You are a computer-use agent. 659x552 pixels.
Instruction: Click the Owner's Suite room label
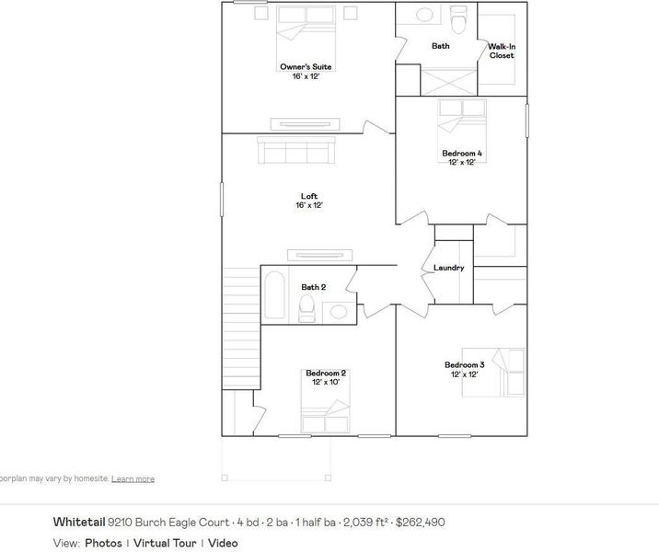[305, 67]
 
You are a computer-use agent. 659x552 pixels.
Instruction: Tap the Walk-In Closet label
[501, 51]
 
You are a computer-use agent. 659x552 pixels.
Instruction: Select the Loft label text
[309, 196]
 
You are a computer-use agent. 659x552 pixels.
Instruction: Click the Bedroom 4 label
[461, 153]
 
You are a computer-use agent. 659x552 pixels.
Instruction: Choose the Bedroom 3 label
[463, 363]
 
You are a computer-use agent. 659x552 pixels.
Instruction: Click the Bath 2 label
[314, 287]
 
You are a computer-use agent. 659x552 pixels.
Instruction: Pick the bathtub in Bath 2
[274, 296]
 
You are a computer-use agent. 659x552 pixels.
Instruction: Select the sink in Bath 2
[339, 312]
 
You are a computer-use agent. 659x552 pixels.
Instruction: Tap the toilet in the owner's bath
[458, 17]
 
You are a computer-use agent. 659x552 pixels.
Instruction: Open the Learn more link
[133, 479]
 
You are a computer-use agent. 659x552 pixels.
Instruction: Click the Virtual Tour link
[167, 543]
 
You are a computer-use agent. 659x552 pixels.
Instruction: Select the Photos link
[102, 543]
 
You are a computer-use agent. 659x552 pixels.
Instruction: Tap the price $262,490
[420, 522]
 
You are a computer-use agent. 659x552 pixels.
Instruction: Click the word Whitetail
[78, 522]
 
